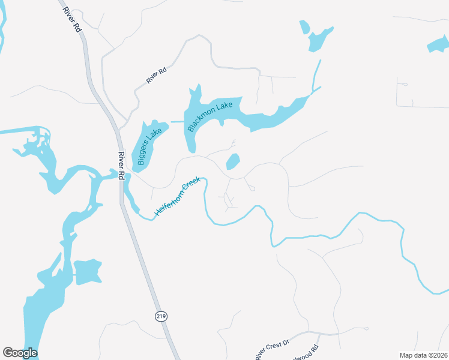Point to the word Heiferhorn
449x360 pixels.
point(169,202)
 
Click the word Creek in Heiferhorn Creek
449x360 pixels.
point(191,184)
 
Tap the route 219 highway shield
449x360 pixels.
point(161,316)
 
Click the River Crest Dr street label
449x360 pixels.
point(272,348)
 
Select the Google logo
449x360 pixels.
point(20,353)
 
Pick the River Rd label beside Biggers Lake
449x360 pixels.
point(121,166)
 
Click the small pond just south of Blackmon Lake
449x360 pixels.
point(232,161)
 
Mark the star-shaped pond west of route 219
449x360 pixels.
point(87,271)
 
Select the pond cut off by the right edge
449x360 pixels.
point(438,45)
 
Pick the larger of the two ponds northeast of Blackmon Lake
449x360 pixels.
point(319,39)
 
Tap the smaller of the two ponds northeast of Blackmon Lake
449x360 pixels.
point(304,27)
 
